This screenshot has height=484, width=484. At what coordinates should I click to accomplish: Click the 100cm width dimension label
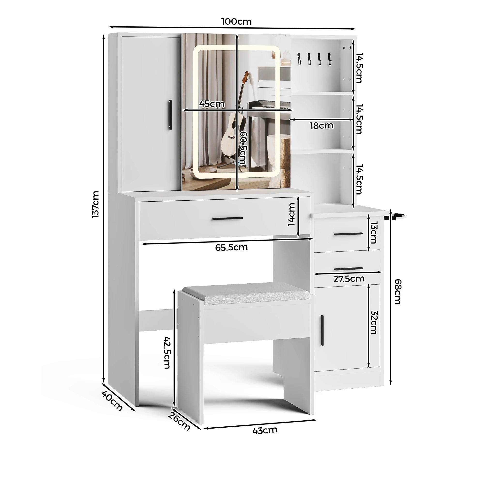pos(236,22)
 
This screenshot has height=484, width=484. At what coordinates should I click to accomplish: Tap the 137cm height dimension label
pos(96,204)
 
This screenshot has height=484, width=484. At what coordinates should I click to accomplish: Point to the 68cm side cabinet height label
pos(398,292)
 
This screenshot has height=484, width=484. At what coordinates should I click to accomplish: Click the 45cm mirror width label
pos(212,104)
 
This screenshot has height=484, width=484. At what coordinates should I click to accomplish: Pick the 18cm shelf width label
pos(322,126)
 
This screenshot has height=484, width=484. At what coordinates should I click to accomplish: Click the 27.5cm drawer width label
pos(349,279)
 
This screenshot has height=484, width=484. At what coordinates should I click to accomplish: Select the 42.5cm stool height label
pos(167,352)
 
